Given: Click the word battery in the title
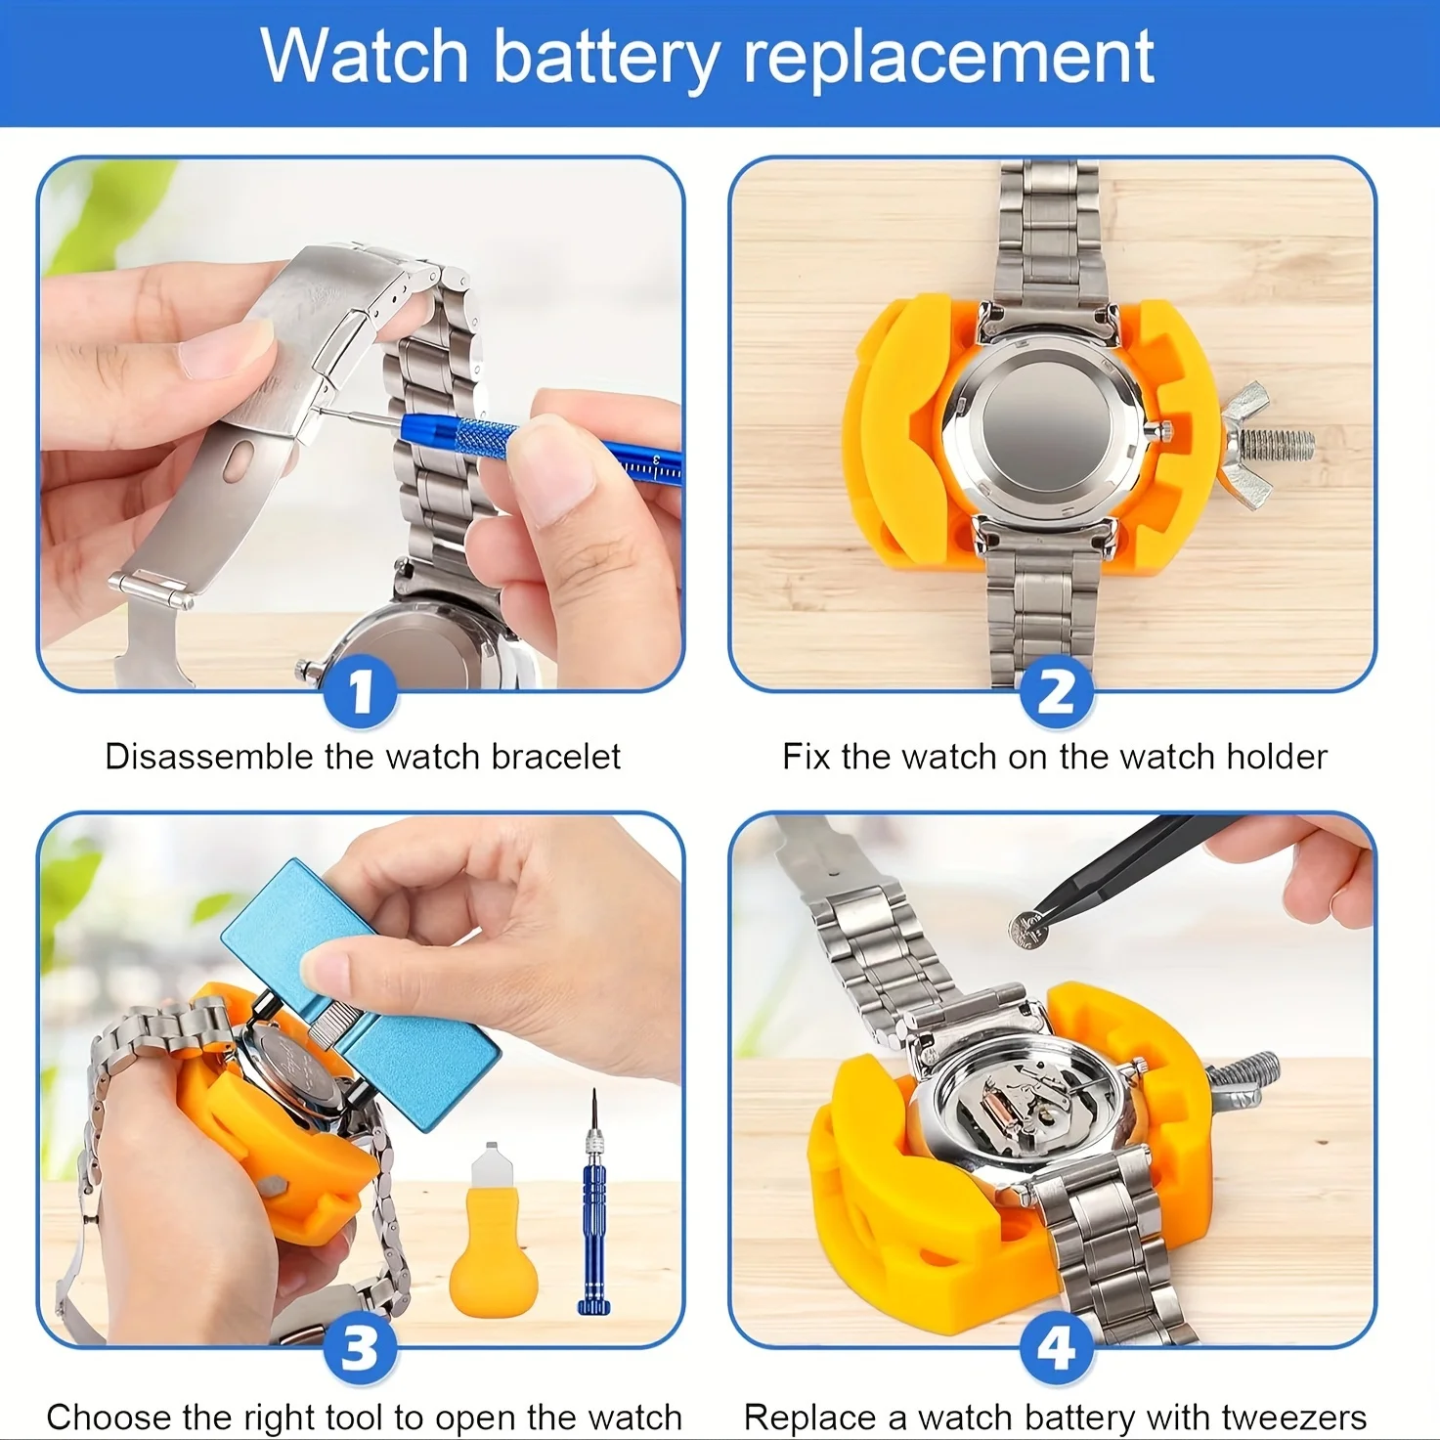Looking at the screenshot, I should [606, 59].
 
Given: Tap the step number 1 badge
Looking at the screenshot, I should [361, 691].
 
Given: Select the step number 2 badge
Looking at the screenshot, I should [1055, 691].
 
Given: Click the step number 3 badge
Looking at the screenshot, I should [361, 1349].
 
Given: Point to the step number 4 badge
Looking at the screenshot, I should [1055, 1349].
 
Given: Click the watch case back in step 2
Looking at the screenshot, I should [1044, 420].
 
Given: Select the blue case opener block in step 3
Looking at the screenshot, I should [362, 997].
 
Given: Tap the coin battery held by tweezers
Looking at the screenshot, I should [1027, 928].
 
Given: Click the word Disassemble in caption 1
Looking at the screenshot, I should [209, 757].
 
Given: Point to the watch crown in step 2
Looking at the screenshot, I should [1165, 426].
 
